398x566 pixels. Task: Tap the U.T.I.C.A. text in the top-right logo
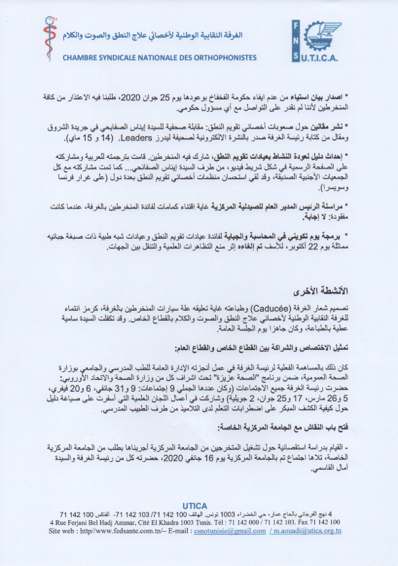click(x=323, y=59)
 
